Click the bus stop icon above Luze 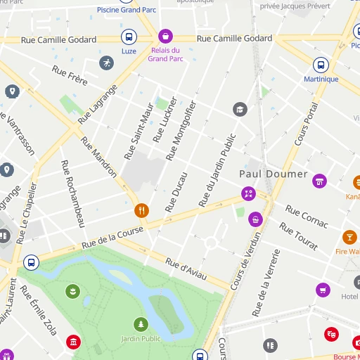(129, 37)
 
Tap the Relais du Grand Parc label (165, 55)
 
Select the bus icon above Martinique (320, 65)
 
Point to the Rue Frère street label (70, 76)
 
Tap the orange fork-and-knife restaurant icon (141, 210)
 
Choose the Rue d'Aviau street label (186, 271)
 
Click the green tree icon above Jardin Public (141, 324)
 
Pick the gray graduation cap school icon (240, 110)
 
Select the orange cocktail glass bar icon (349, 237)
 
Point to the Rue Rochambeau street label (72, 194)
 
